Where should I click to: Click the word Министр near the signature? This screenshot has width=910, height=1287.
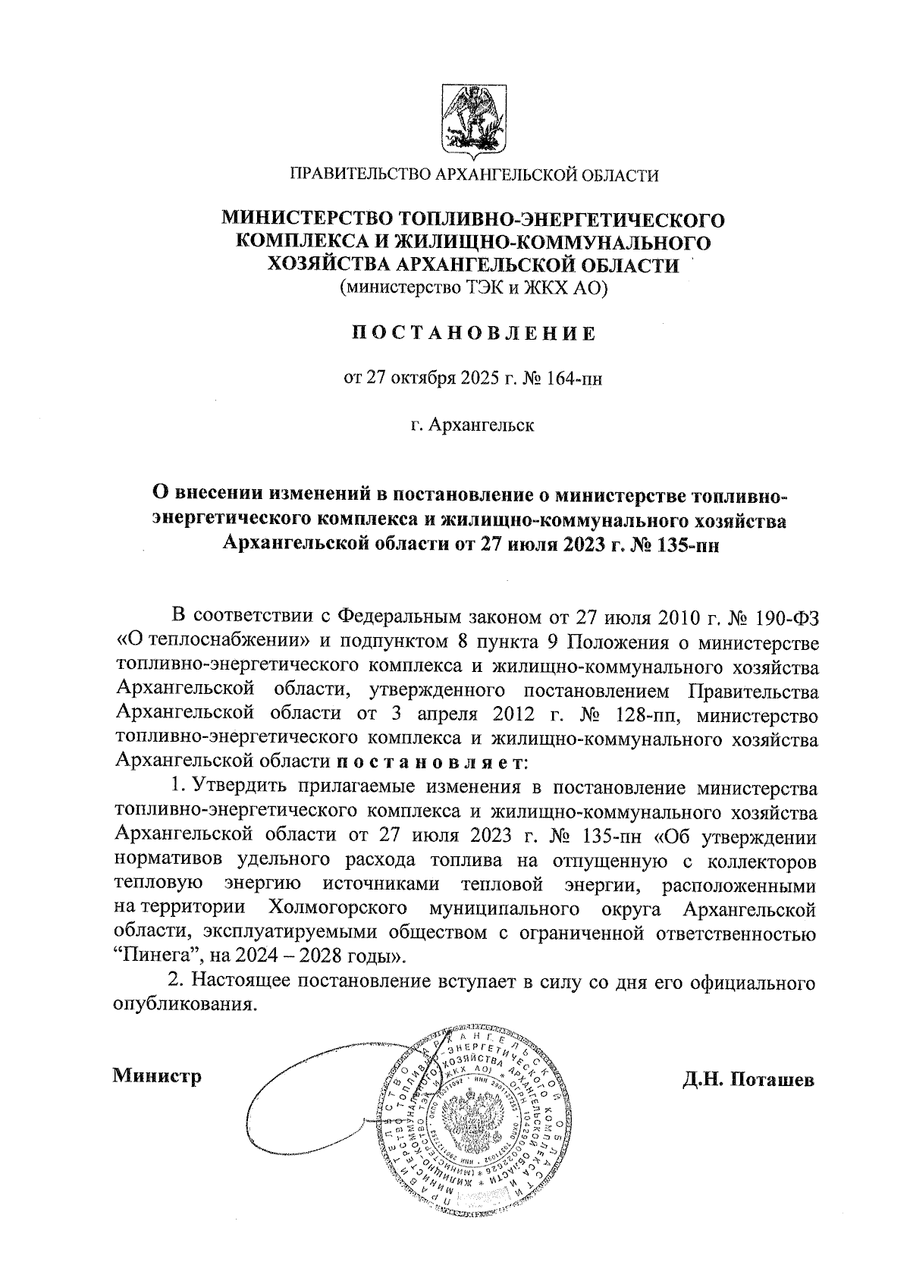(x=157, y=1076)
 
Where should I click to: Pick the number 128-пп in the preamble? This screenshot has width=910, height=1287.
(x=645, y=714)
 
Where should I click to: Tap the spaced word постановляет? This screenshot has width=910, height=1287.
(x=429, y=761)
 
